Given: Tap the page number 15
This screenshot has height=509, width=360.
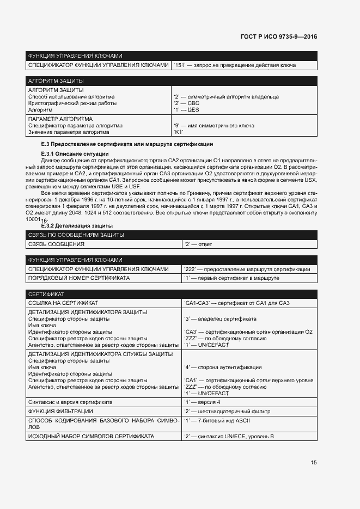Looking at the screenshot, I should click(x=314, y=463).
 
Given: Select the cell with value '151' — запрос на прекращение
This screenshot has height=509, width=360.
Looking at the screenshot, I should click(x=234, y=65).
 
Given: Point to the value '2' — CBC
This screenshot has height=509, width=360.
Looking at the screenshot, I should click(x=186, y=103).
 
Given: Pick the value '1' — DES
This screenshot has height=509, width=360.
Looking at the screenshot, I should click(x=186, y=109).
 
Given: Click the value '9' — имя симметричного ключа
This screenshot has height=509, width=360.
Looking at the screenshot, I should click(x=213, y=126).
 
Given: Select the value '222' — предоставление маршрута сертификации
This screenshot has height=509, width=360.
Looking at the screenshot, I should click(x=247, y=269).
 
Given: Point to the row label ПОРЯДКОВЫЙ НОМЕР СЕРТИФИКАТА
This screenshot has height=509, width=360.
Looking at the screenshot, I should click(x=79, y=278).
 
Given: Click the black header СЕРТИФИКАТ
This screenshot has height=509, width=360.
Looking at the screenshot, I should click(x=46, y=294).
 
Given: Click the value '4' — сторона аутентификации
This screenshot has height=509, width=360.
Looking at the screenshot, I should click(x=223, y=367).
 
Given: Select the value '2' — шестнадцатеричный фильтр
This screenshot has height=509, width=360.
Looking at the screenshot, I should click(x=227, y=411).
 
